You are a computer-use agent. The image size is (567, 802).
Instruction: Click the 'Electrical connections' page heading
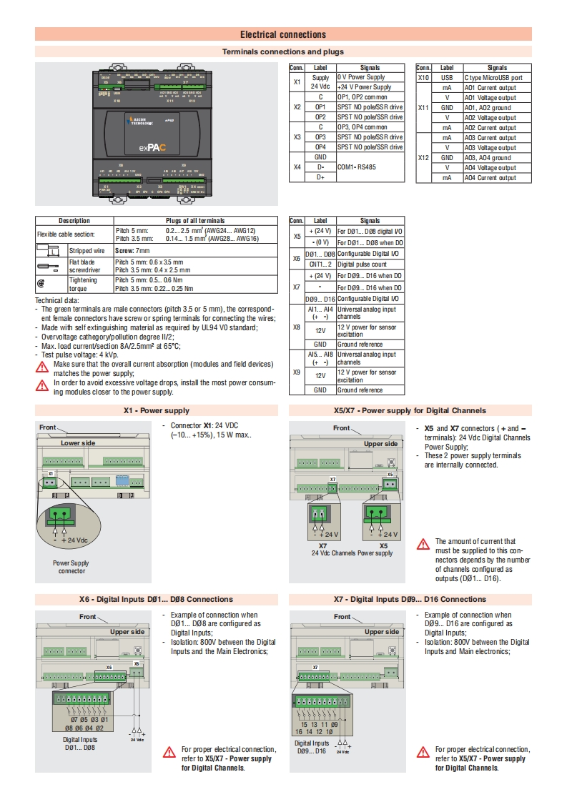click(x=283, y=34)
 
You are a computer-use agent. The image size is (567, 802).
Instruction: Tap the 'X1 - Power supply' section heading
click(x=157, y=410)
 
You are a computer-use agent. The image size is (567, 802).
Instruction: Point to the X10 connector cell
click(x=423, y=78)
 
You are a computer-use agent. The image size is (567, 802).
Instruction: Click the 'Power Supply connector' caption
click(x=72, y=567)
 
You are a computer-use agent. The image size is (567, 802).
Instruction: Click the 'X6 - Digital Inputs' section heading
click(x=156, y=599)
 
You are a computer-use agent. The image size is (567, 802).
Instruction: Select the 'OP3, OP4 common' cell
click(x=362, y=127)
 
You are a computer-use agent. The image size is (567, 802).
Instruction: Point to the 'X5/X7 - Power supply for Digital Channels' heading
click(x=410, y=410)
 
